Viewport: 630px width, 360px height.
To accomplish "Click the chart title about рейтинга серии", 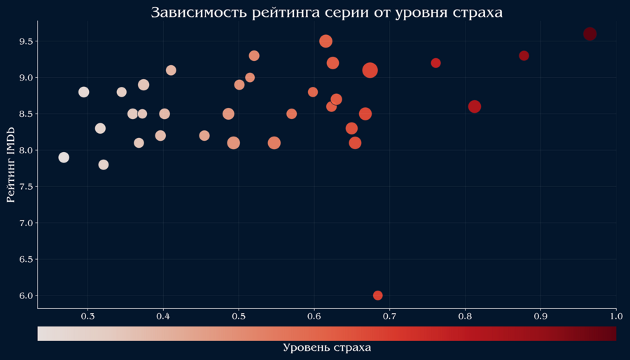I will (327, 13).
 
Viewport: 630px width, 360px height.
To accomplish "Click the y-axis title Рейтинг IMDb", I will (10, 165).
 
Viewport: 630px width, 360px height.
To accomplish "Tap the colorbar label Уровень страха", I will (327, 347).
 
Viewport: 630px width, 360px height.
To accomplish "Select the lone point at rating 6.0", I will (378, 296).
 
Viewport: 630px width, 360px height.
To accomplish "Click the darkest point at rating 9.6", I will (589, 34).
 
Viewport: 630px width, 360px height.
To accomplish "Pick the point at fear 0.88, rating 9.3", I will (524, 56).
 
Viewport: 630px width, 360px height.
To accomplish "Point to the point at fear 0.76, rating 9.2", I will (435, 63).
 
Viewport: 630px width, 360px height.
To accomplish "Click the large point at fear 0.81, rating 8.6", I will (475, 106).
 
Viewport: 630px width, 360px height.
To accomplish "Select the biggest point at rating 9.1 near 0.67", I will (370, 70).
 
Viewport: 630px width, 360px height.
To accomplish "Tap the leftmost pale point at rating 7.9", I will (64, 158).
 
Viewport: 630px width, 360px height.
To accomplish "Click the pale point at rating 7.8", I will (104, 165).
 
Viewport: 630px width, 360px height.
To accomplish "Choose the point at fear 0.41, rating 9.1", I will (171, 70).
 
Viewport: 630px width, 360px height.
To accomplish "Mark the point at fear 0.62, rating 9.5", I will (325, 41).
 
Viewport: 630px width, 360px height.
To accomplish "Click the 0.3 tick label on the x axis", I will (87, 317).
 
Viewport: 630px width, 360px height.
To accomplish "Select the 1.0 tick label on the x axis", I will (615, 317).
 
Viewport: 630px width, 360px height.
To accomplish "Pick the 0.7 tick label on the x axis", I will (389, 317).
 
